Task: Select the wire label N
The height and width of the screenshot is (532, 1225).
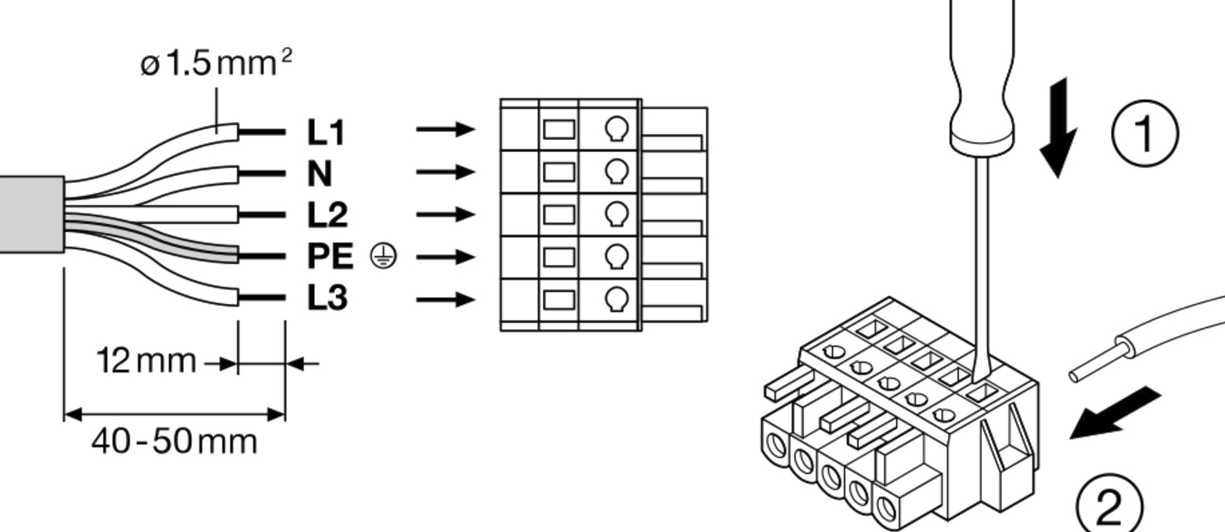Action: coord(319,173)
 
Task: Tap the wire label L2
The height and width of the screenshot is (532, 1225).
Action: coord(327,214)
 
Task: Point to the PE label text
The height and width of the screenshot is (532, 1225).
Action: coord(330,256)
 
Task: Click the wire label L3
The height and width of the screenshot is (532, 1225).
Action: coord(327,298)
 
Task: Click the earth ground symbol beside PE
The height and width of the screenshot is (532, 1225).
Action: coord(383,256)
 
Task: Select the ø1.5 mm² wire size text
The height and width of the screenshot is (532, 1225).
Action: coord(215,63)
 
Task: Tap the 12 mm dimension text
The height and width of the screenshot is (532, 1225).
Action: coord(146,360)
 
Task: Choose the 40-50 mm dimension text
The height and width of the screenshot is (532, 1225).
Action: coord(174,442)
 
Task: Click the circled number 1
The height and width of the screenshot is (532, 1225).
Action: coord(1145,134)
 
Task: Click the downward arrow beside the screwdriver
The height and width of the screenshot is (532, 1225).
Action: coord(1058,127)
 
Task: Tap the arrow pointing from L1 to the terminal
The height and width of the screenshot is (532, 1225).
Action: coord(445,129)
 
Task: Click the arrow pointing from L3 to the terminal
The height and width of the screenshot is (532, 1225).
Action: coord(445,300)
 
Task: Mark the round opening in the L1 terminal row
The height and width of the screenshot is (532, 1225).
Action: coord(617,128)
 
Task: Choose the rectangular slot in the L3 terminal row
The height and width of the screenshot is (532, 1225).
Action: coord(559,300)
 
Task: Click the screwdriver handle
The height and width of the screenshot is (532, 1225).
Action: coord(982,74)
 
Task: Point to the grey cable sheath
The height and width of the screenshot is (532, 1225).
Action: coord(31,214)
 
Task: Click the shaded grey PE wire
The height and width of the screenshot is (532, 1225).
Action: coord(186,243)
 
